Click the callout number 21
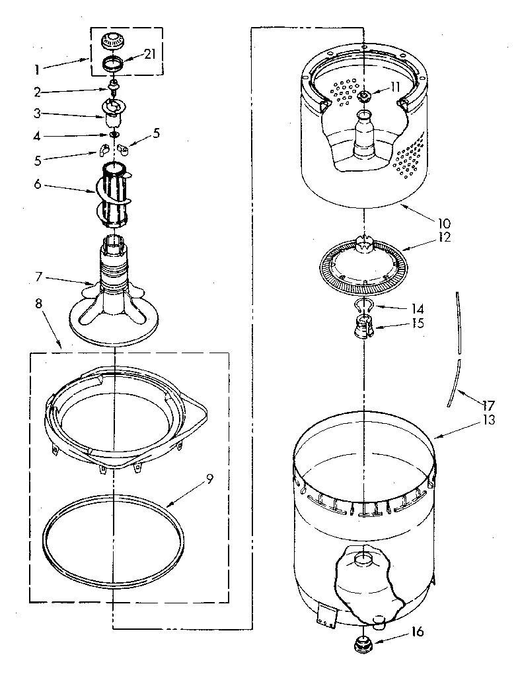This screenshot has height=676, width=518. pyautogui.click(x=149, y=55)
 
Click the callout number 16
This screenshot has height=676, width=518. pyautogui.click(x=416, y=632)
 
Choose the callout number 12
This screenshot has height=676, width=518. pyautogui.click(x=443, y=237)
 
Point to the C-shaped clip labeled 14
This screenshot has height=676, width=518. pyautogui.click(x=363, y=305)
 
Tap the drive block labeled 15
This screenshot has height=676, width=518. pyautogui.click(x=363, y=326)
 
